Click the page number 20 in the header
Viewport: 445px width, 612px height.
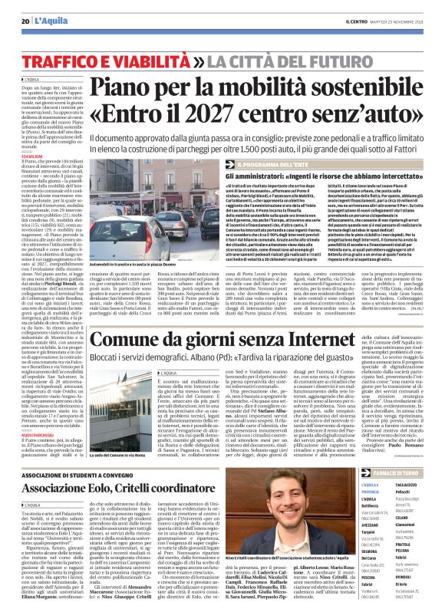click(26, 21)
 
